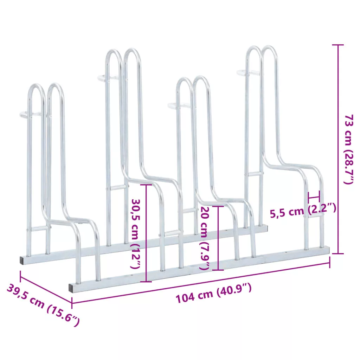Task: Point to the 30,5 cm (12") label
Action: (135, 233)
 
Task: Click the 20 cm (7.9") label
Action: (205, 238)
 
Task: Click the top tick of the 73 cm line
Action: (338, 45)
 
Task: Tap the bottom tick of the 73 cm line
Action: (338, 253)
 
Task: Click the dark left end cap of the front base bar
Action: (72, 288)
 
